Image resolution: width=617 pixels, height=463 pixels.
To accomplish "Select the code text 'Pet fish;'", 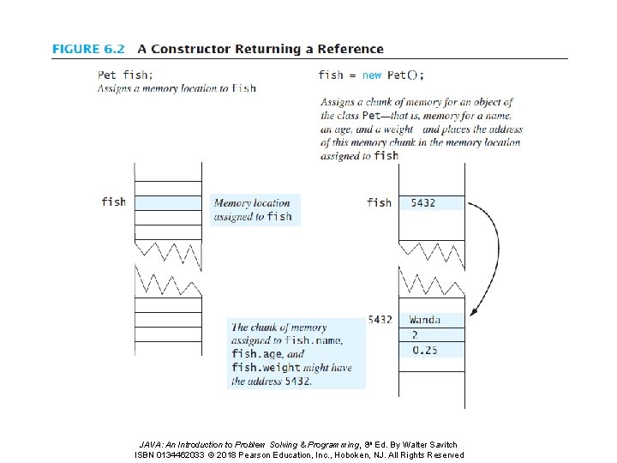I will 126,75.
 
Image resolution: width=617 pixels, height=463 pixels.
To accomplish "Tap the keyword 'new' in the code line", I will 372,75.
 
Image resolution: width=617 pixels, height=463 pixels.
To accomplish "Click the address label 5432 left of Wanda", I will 380,320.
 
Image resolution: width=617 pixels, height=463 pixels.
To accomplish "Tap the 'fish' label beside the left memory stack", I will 113,201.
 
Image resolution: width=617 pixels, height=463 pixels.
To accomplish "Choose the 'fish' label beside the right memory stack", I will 379,202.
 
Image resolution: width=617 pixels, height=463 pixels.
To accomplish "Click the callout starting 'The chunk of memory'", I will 296,353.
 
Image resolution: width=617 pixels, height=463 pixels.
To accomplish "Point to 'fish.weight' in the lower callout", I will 266,368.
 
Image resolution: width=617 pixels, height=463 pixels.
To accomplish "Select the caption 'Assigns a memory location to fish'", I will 177,87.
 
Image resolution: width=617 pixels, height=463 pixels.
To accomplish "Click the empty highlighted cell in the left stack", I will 168,202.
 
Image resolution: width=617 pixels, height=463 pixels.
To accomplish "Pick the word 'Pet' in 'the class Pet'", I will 371,116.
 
